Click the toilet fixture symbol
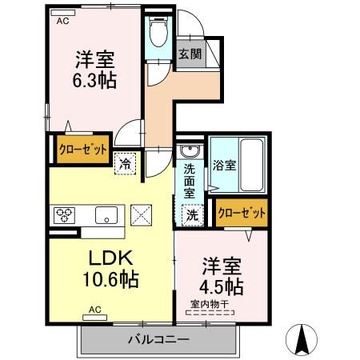click(x=158, y=31)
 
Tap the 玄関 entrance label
click(x=190, y=54)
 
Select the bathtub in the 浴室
click(x=251, y=165)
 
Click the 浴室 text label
click(x=224, y=166)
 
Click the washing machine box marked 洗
click(x=192, y=215)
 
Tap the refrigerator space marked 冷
click(x=125, y=164)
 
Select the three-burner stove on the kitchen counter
click(x=64, y=215)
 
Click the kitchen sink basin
click(x=106, y=215)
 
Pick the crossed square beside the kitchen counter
click(x=141, y=215)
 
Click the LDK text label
click(x=110, y=258)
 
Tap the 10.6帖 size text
click(x=110, y=279)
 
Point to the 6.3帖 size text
click(x=94, y=80)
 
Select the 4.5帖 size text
click(x=222, y=286)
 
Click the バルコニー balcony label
click(x=158, y=339)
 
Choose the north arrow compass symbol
click(x=302, y=339)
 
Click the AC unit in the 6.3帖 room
click(x=63, y=13)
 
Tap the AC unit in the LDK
click(x=95, y=318)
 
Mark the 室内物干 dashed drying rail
click(x=210, y=313)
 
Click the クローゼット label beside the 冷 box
click(x=82, y=150)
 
